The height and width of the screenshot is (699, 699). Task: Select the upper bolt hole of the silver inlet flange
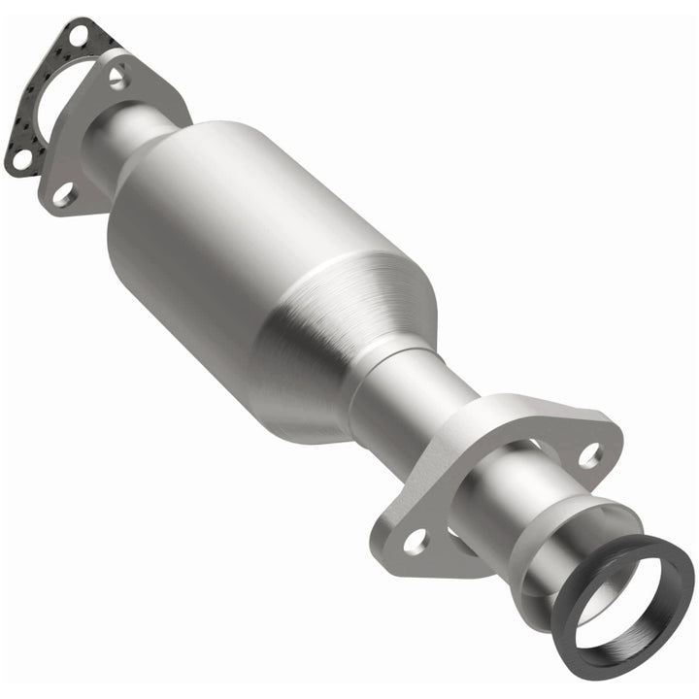coord(117,76)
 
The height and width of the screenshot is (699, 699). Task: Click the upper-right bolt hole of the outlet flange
coord(588,452)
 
